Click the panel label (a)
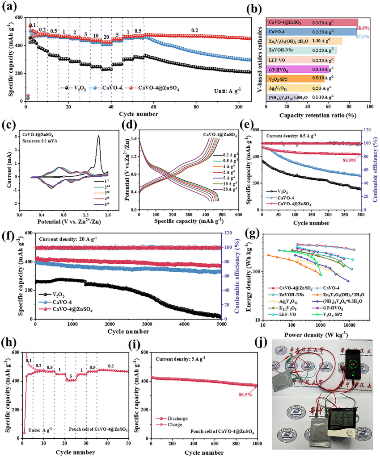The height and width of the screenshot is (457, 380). click(x=11, y=8)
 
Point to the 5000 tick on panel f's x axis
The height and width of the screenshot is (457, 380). click(x=221, y=324)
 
